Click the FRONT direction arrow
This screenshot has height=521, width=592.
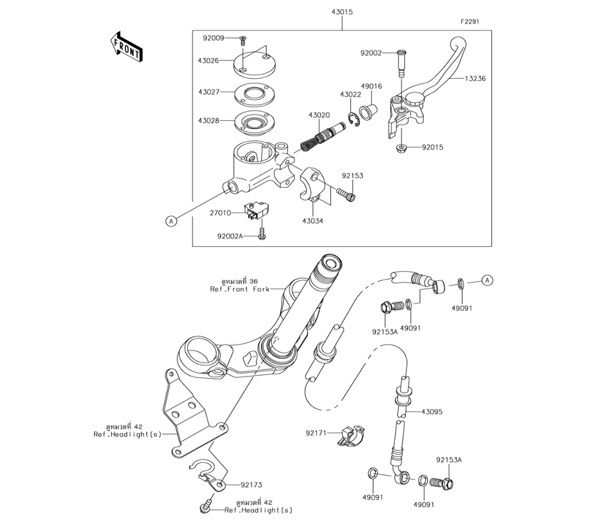click(x=126, y=47)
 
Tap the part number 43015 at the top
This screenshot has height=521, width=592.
click(x=342, y=12)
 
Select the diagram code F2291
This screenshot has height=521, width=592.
click(x=469, y=21)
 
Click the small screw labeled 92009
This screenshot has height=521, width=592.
click(x=243, y=39)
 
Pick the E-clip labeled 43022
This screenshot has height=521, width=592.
click(x=353, y=120)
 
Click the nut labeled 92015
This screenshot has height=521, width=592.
click(x=401, y=148)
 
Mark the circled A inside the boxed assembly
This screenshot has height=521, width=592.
click(x=172, y=221)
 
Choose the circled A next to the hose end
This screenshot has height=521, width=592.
click(x=487, y=281)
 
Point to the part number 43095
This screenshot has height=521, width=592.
click(x=432, y=411)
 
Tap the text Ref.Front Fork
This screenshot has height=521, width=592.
click(x=240, y=289)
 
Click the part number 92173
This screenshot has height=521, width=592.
click(x=252, y=485)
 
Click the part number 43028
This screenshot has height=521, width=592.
click(x=208, y=121)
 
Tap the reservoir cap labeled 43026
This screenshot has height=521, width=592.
click(x=255, y=63)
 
